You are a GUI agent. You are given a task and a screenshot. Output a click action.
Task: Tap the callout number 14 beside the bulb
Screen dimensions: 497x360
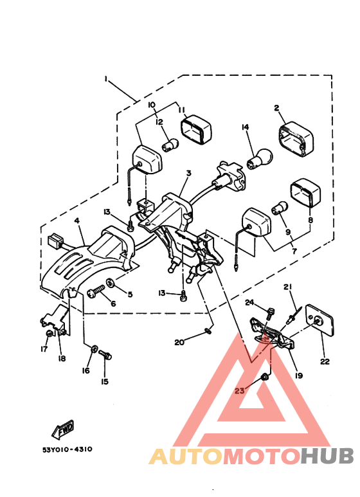(245, 127)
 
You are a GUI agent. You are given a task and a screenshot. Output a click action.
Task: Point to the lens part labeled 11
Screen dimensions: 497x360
(195, 131)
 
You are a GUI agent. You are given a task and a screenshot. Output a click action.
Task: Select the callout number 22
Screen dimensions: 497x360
(325, 362)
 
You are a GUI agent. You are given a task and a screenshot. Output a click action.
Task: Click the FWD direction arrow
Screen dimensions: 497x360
(62, 428)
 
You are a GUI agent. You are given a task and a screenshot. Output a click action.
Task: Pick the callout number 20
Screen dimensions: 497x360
(179, 343)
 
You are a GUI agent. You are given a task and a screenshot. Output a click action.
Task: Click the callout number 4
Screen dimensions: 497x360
(76, 221)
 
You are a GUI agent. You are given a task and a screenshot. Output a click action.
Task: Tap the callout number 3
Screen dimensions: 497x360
(189, 174)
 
